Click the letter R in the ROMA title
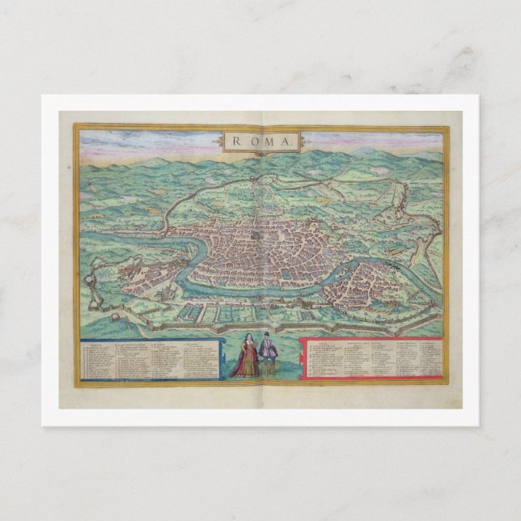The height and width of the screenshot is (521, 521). pos(235,142)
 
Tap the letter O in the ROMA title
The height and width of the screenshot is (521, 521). pos(249,142)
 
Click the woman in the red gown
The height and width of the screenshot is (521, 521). pos(244,359)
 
